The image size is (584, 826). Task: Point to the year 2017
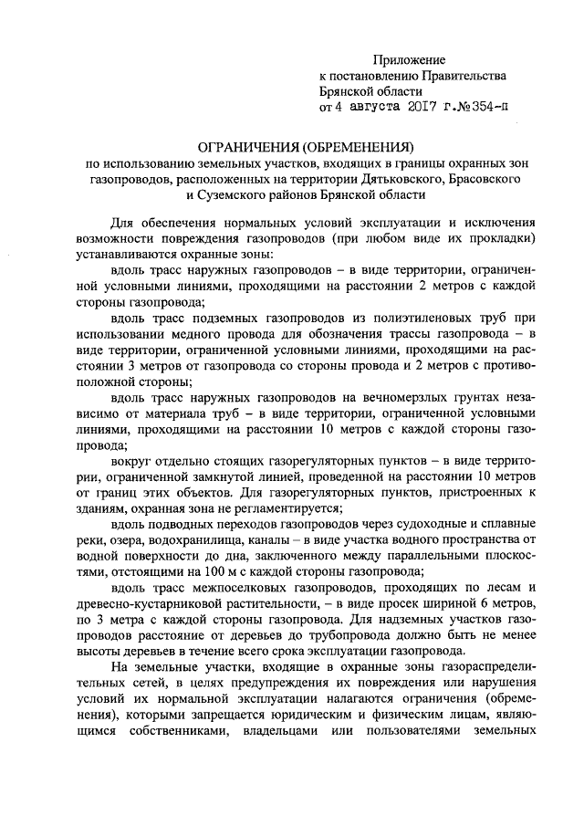422,109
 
